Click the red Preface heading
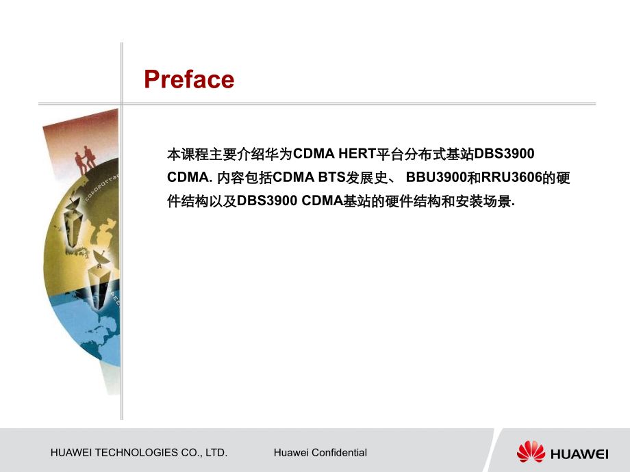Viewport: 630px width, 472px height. (x=189, y=79)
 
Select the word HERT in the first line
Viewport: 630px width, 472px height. (x=357, y=154)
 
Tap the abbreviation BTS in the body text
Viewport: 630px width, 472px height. (x=332, y=177)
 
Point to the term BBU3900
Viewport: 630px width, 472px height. (x=436, y=177)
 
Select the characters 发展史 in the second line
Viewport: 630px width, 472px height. (x=367, y=177)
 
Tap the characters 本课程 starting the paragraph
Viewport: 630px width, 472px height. (x=188, y=154)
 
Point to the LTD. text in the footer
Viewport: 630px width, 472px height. (x=216, y=453)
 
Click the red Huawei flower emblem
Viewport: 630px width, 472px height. (x=531, y=451)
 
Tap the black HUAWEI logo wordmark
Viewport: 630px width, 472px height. (x=579, y=454)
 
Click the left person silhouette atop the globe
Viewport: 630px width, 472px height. (x=80, y=161)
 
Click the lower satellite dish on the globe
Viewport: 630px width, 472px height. (x=99, y=259)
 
